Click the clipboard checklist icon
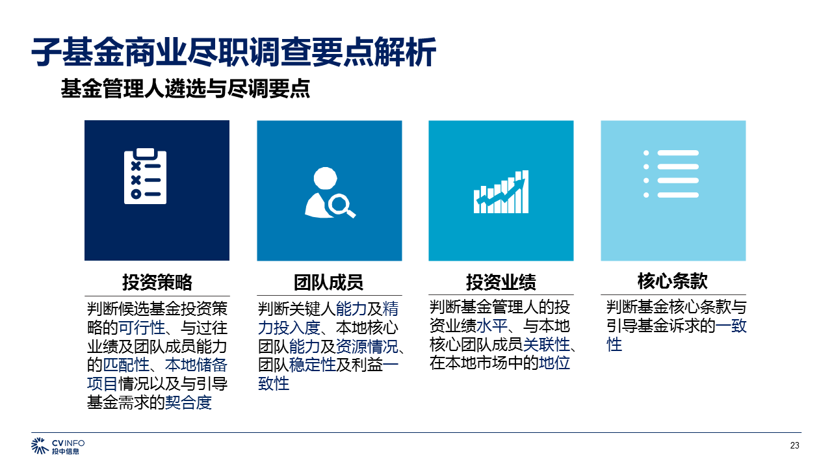pyautogui.click(x=145, y=176)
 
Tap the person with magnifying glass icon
pyautogui.click(x=330, y=192)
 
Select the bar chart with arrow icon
pyautogui.click(x=501, y=192)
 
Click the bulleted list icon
pyautogui.click(x=671, y=174)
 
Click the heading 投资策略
pyautogui.click(x=157, y=282)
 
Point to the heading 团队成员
pyautogui.click(x=329, y=282)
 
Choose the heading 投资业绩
pyautogui.click(x=501, y=282)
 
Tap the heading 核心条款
pyautogui.click(x=673, y=281)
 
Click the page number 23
pyautogui.click(x=794, y=445)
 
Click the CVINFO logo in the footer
pyautogui.click(x=58, y=446)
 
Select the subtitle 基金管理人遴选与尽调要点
pyautogui.click(x=185, y=88)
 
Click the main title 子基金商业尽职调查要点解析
pyautogui.click(x=233, y=52)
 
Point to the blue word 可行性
pyautogui.click(x=142, y=328)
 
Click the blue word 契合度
pyautogui.click(x=188, y=402)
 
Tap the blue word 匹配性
pyautogui.click(x=126, y=365)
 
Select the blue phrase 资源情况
pyautogui.click(x=367, y=346)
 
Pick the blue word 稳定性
pyautogui.click(x=313, y=365)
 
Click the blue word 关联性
pyautogui.click(x=547, y=344)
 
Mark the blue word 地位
pyautogui.click(x=554, y=363)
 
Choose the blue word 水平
pyautogui.click(x=492, y=326)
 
